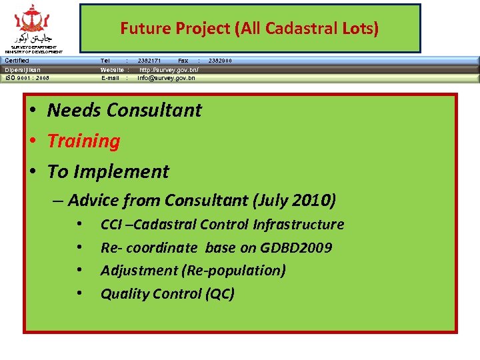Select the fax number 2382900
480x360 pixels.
(x=220, y=61)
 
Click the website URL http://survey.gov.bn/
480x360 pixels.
(x=169, y=69)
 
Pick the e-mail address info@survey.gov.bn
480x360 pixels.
(x=166, y=78)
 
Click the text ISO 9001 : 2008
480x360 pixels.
(x=27, y=78)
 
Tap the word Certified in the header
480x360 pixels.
(x=17, y=61)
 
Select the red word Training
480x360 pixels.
(x=83, y=141)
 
